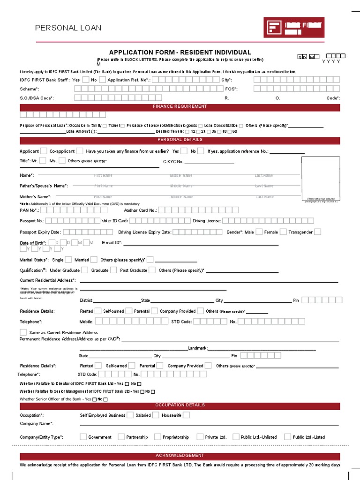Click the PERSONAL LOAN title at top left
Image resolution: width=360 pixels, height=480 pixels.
pos(68,28)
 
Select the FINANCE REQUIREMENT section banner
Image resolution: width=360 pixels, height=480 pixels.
pos(180,107)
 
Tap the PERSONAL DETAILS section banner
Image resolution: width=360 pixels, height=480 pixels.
pos(180,140)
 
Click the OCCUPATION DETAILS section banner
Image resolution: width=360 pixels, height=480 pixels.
pos(180,405)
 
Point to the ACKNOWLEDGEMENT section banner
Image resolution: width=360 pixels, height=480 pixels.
pos(180,456)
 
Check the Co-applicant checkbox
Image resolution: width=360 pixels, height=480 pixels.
pos(80,151)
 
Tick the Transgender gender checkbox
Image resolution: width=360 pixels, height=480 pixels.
pos(317,232)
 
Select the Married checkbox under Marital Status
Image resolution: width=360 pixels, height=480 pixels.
pos(94,259)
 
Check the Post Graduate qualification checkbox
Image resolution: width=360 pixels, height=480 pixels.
pos(152,270)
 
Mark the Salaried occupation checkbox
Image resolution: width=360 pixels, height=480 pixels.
pos(156,415)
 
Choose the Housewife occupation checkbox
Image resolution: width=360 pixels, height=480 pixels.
pos(186,415)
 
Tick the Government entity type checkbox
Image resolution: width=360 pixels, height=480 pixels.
pos(83,437)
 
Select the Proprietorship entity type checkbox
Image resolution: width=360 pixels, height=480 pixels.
pos(157,437)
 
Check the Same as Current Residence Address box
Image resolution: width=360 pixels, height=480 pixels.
pos(23,332)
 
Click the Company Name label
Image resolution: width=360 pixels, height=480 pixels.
pos(36,424)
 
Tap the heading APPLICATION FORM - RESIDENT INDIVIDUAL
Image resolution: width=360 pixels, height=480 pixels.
pos(180,52)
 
